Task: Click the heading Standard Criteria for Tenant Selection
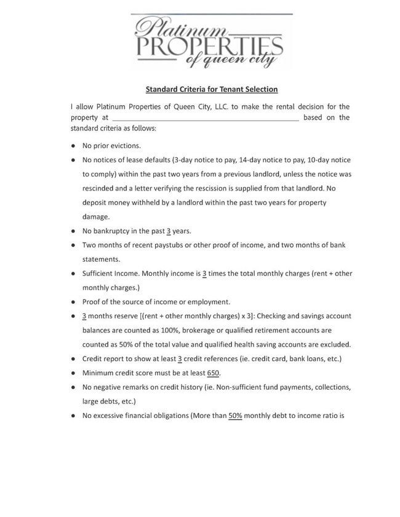click(212, 89)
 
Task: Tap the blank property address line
click(205, 117)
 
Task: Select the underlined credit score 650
click(214, 373)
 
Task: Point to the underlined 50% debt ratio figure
click(235, 415)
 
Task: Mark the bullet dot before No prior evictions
click(73, 146)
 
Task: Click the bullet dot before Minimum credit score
click(73, 373)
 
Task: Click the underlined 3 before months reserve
click(84, 316)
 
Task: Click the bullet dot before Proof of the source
click(73, 302)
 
